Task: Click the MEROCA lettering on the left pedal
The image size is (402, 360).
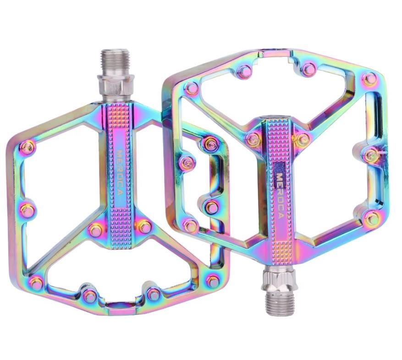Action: [x=120, y=173]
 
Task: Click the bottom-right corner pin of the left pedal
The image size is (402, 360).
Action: [x=213, y=281]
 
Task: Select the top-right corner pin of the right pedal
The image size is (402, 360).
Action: [x=369, y=79]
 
